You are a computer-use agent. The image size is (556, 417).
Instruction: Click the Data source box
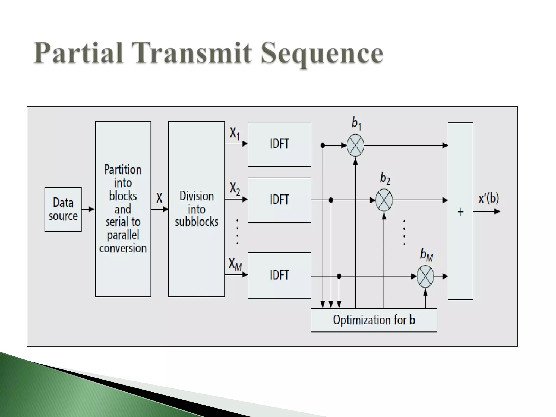(63, 209)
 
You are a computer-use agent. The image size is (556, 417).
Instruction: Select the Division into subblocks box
(196, 209)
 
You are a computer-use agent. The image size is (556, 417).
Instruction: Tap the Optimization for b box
(374, 320)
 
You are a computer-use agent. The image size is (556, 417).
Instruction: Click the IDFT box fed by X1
(279, 144)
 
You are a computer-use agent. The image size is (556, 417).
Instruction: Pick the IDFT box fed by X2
(279, 200)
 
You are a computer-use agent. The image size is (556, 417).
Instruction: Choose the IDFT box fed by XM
(279, 275)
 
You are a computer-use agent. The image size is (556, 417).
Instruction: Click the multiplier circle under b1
(355, 146)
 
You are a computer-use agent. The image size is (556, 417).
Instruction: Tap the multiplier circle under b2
(384, 200)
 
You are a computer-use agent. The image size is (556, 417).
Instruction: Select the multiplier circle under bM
(425, 276)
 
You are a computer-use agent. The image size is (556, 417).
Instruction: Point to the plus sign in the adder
(460, 212)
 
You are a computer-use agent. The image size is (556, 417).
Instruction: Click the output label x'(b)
(489, 198)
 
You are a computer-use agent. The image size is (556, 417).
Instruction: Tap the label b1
(356, 124)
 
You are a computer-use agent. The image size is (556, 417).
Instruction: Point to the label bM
(426, 255)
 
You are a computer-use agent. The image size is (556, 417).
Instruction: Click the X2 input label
(235, 188)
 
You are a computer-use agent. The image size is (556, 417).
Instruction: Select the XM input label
(235, 264)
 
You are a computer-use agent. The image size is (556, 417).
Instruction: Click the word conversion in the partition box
(123, 248)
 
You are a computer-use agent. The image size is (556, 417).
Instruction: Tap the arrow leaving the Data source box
(88, 209)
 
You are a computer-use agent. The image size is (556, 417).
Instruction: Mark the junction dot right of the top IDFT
(323, 146)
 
